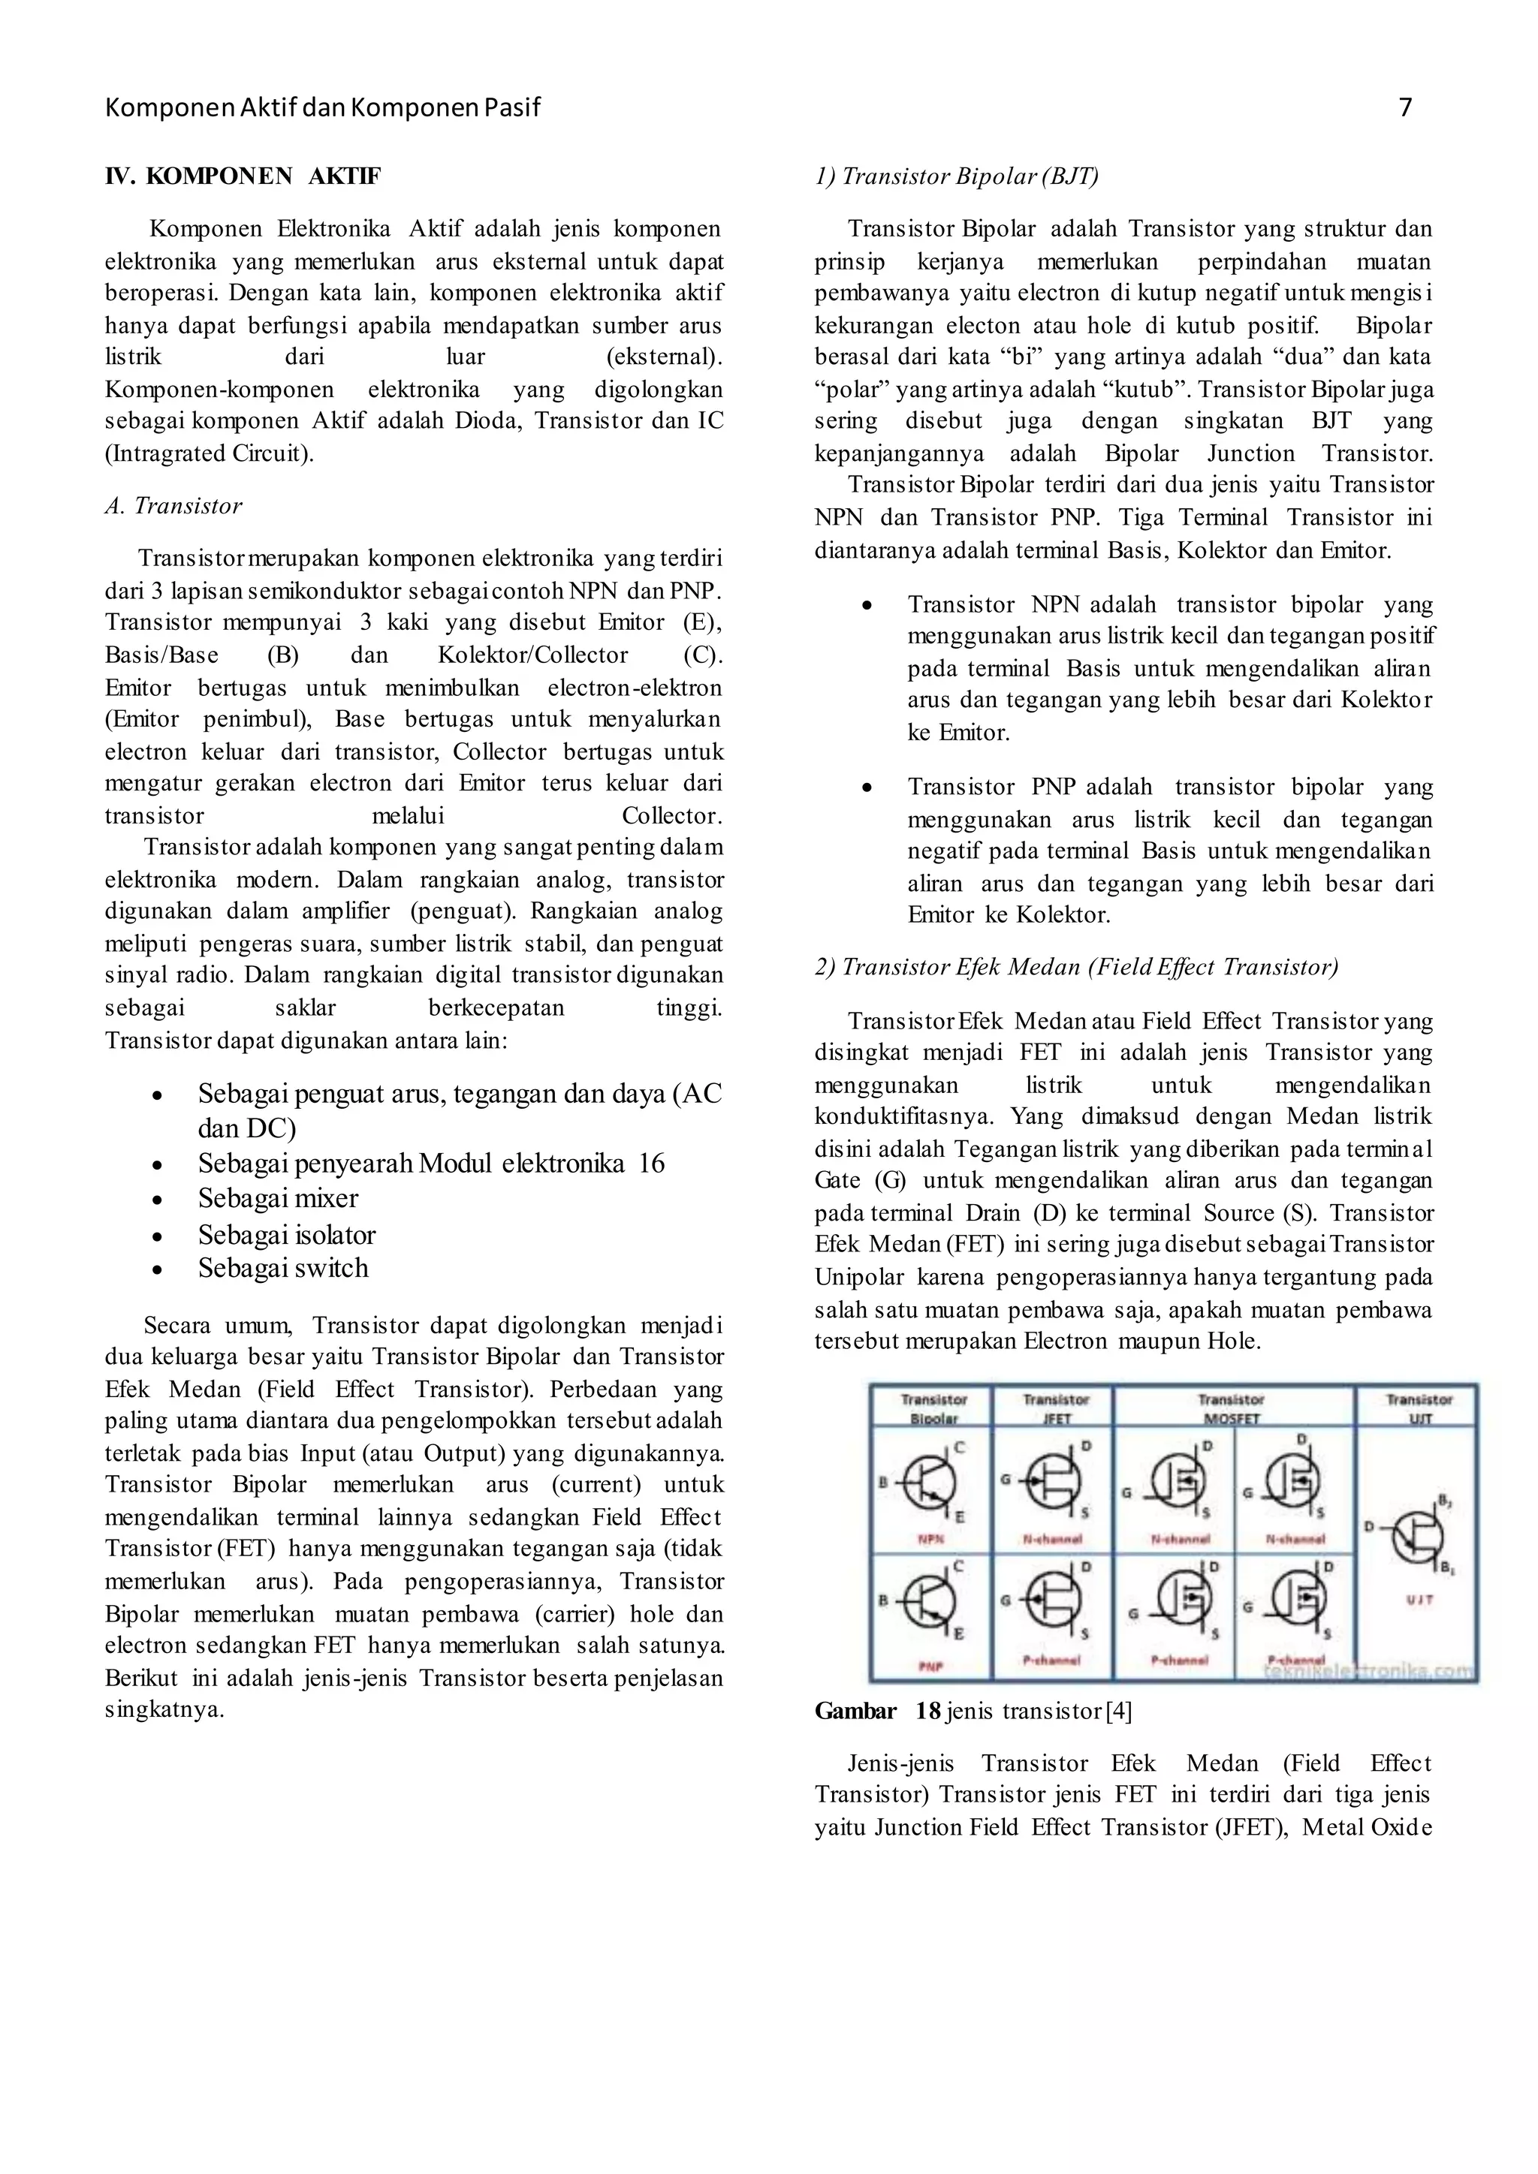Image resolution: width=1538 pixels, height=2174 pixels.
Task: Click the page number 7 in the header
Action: pos(1404,108)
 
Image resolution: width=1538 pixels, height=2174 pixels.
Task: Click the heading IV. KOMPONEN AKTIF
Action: pos(243,176)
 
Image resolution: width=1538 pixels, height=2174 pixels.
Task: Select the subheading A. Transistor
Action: pos(173,506)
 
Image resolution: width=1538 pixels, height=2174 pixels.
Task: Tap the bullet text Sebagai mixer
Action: pos(277,1199)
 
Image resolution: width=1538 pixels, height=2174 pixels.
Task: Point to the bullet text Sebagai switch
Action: pos(282,1268)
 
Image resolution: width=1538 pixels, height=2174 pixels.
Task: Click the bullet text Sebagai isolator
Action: pos(286,1235)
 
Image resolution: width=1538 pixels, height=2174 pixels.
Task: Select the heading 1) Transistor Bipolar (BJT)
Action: pos(957,176)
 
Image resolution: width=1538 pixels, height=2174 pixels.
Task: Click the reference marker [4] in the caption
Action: pos(1118,1711)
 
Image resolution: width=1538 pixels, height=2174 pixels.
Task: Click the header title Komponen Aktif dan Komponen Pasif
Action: pos(322,108)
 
